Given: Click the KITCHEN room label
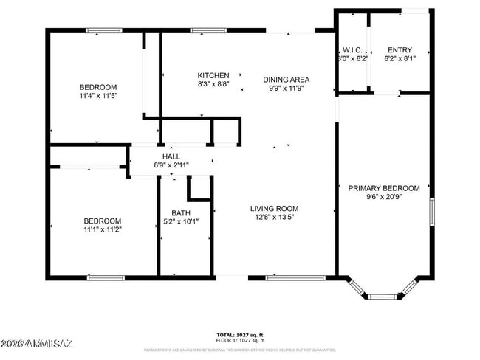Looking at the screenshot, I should click(213, 75).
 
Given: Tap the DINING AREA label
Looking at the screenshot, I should click(287, 80).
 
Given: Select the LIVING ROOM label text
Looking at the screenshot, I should click(274, 209).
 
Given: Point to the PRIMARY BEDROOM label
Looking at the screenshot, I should click(384, 188).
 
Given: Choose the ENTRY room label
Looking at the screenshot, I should click(400, 49).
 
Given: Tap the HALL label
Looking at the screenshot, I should click(171, 156).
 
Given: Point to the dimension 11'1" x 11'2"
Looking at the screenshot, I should click(102, 230).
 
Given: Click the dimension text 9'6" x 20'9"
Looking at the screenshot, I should click(384, 197).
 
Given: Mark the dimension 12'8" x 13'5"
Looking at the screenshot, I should click(274, 218).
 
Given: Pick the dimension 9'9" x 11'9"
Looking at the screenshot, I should click(287, 89).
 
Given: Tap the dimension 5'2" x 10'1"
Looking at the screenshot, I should click(180, 221).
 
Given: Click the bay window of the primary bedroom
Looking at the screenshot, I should click(383, 296).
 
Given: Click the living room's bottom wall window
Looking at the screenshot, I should click(295, 277).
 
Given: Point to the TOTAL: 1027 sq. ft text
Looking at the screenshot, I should click(240, 335).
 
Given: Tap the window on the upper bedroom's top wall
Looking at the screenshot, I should click(103, 30).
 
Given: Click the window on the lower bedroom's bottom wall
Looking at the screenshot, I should click(105, 277).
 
